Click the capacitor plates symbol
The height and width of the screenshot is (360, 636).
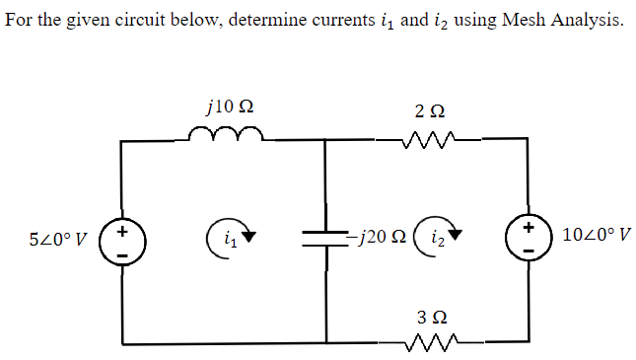point(325,238)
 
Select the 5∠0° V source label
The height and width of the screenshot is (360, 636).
point(58,239)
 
